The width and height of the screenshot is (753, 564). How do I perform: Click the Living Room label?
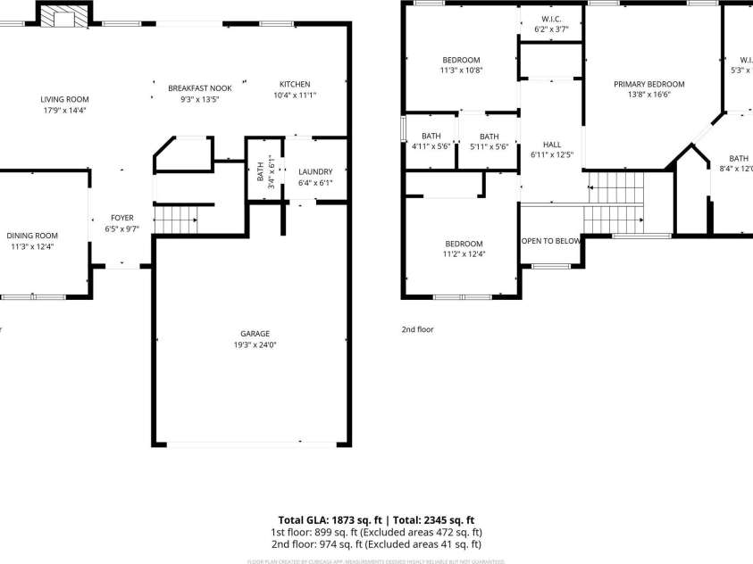click(64, 99)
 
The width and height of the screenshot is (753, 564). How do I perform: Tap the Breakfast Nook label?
click(200, 88)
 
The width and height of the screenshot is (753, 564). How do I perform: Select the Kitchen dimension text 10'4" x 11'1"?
click(295, 95)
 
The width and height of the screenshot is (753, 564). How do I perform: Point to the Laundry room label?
click(315, 171)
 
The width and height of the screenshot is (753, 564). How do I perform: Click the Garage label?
click(255, 333)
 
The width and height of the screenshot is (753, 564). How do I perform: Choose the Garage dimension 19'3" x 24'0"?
click(255, 344)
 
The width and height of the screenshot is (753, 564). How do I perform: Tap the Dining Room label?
click(32, 236)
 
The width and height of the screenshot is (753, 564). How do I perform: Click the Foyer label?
click(121, 218)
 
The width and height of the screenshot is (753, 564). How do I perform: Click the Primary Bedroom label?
click(649, 84)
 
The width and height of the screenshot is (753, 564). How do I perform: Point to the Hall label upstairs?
click(552, 144)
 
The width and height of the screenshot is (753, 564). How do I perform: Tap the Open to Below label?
click(551, 241)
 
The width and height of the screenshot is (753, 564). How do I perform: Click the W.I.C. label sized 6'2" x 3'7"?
click(551, 19)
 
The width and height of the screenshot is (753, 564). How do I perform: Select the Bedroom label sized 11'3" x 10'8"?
click(461, 60)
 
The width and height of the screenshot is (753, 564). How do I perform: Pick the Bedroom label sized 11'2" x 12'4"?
click(464, 244)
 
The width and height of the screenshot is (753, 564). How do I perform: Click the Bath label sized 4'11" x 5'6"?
click(431, 137)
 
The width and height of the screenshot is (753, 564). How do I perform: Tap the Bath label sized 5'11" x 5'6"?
click(489, 137)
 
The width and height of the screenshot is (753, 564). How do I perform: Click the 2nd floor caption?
click(417, 329)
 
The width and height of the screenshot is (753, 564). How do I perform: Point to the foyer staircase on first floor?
click(175, 218)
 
